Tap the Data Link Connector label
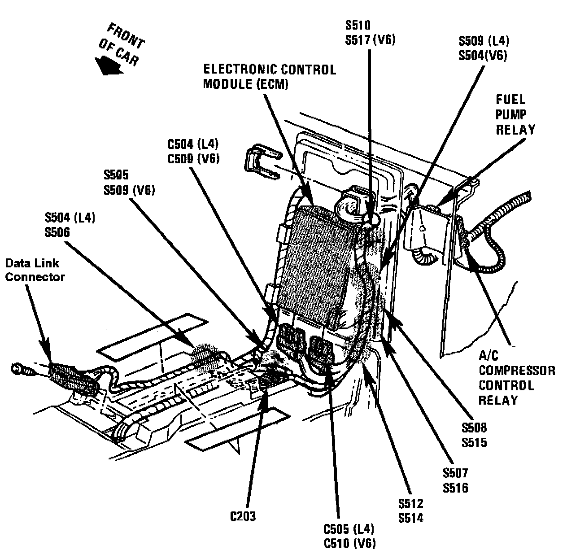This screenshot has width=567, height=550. (x=35, y=270)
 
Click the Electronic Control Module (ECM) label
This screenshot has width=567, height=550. (x=270, y=77)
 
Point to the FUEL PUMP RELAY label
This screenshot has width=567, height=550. (x=515, y=115)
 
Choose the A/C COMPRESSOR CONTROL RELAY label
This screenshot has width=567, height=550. (x=517, y=378)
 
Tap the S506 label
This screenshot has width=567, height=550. (x=57, y=232)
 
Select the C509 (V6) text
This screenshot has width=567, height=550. (x=193, y=159)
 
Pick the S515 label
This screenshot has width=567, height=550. (x=474, y=442)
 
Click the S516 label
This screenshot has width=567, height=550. (x=455, y=488)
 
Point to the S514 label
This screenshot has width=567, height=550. (x=411, y=518)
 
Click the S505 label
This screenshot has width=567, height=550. (x=116, y=175)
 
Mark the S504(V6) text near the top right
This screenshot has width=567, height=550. (x=483, y=55)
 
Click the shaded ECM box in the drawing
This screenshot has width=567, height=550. (x=316, y=266)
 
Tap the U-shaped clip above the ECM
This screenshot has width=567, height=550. (x=262, y=162)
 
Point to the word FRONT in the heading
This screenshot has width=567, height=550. (x=126, y=36)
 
